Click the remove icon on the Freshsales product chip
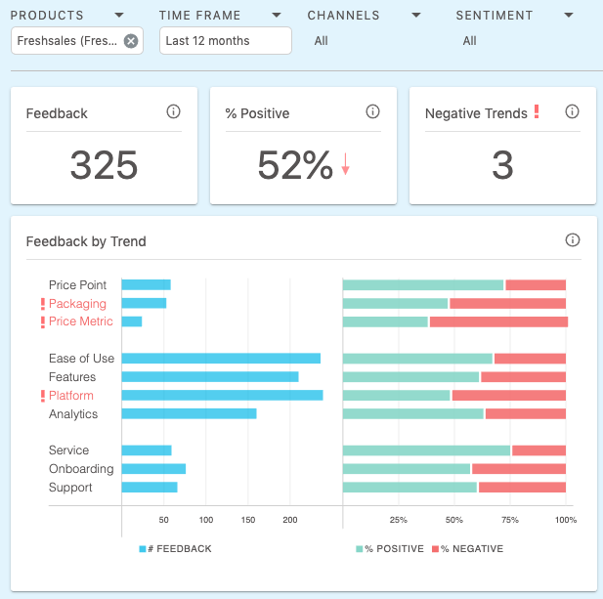(131, 41)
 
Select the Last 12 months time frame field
(225, 41)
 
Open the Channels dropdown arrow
(416, 16)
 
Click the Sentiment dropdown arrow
(569, 16)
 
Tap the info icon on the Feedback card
(174, 112)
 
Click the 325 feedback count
(104, 166)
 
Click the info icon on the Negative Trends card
(573, 112)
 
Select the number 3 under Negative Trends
(502, 166)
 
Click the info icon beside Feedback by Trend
(573, 240)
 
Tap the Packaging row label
(77, 304)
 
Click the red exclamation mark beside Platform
(42, 396)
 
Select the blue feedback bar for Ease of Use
(221, 359)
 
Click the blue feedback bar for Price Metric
(132, 321)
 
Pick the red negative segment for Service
(539, 450)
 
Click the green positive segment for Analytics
(413, 414)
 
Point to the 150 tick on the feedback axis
(248, 521)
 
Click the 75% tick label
(510, 521)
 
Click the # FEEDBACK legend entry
(176, 549)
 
